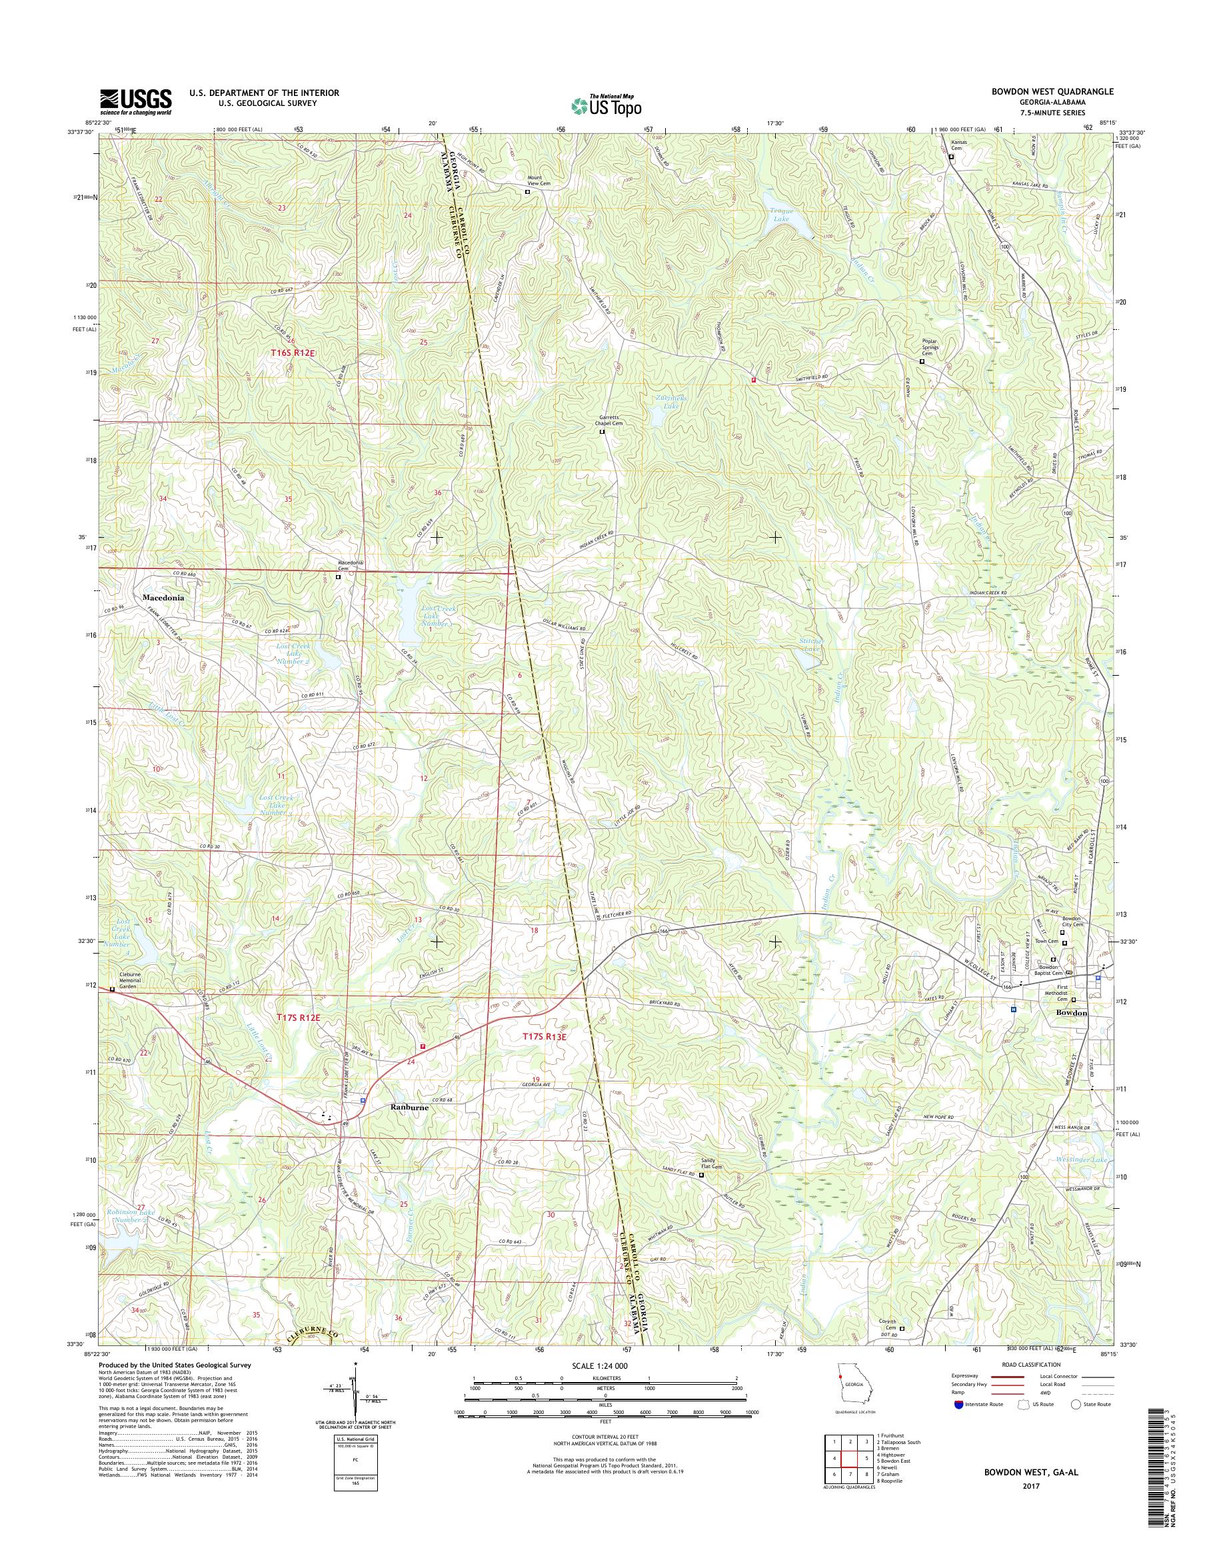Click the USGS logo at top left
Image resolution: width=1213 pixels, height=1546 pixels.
coord(136,101)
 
